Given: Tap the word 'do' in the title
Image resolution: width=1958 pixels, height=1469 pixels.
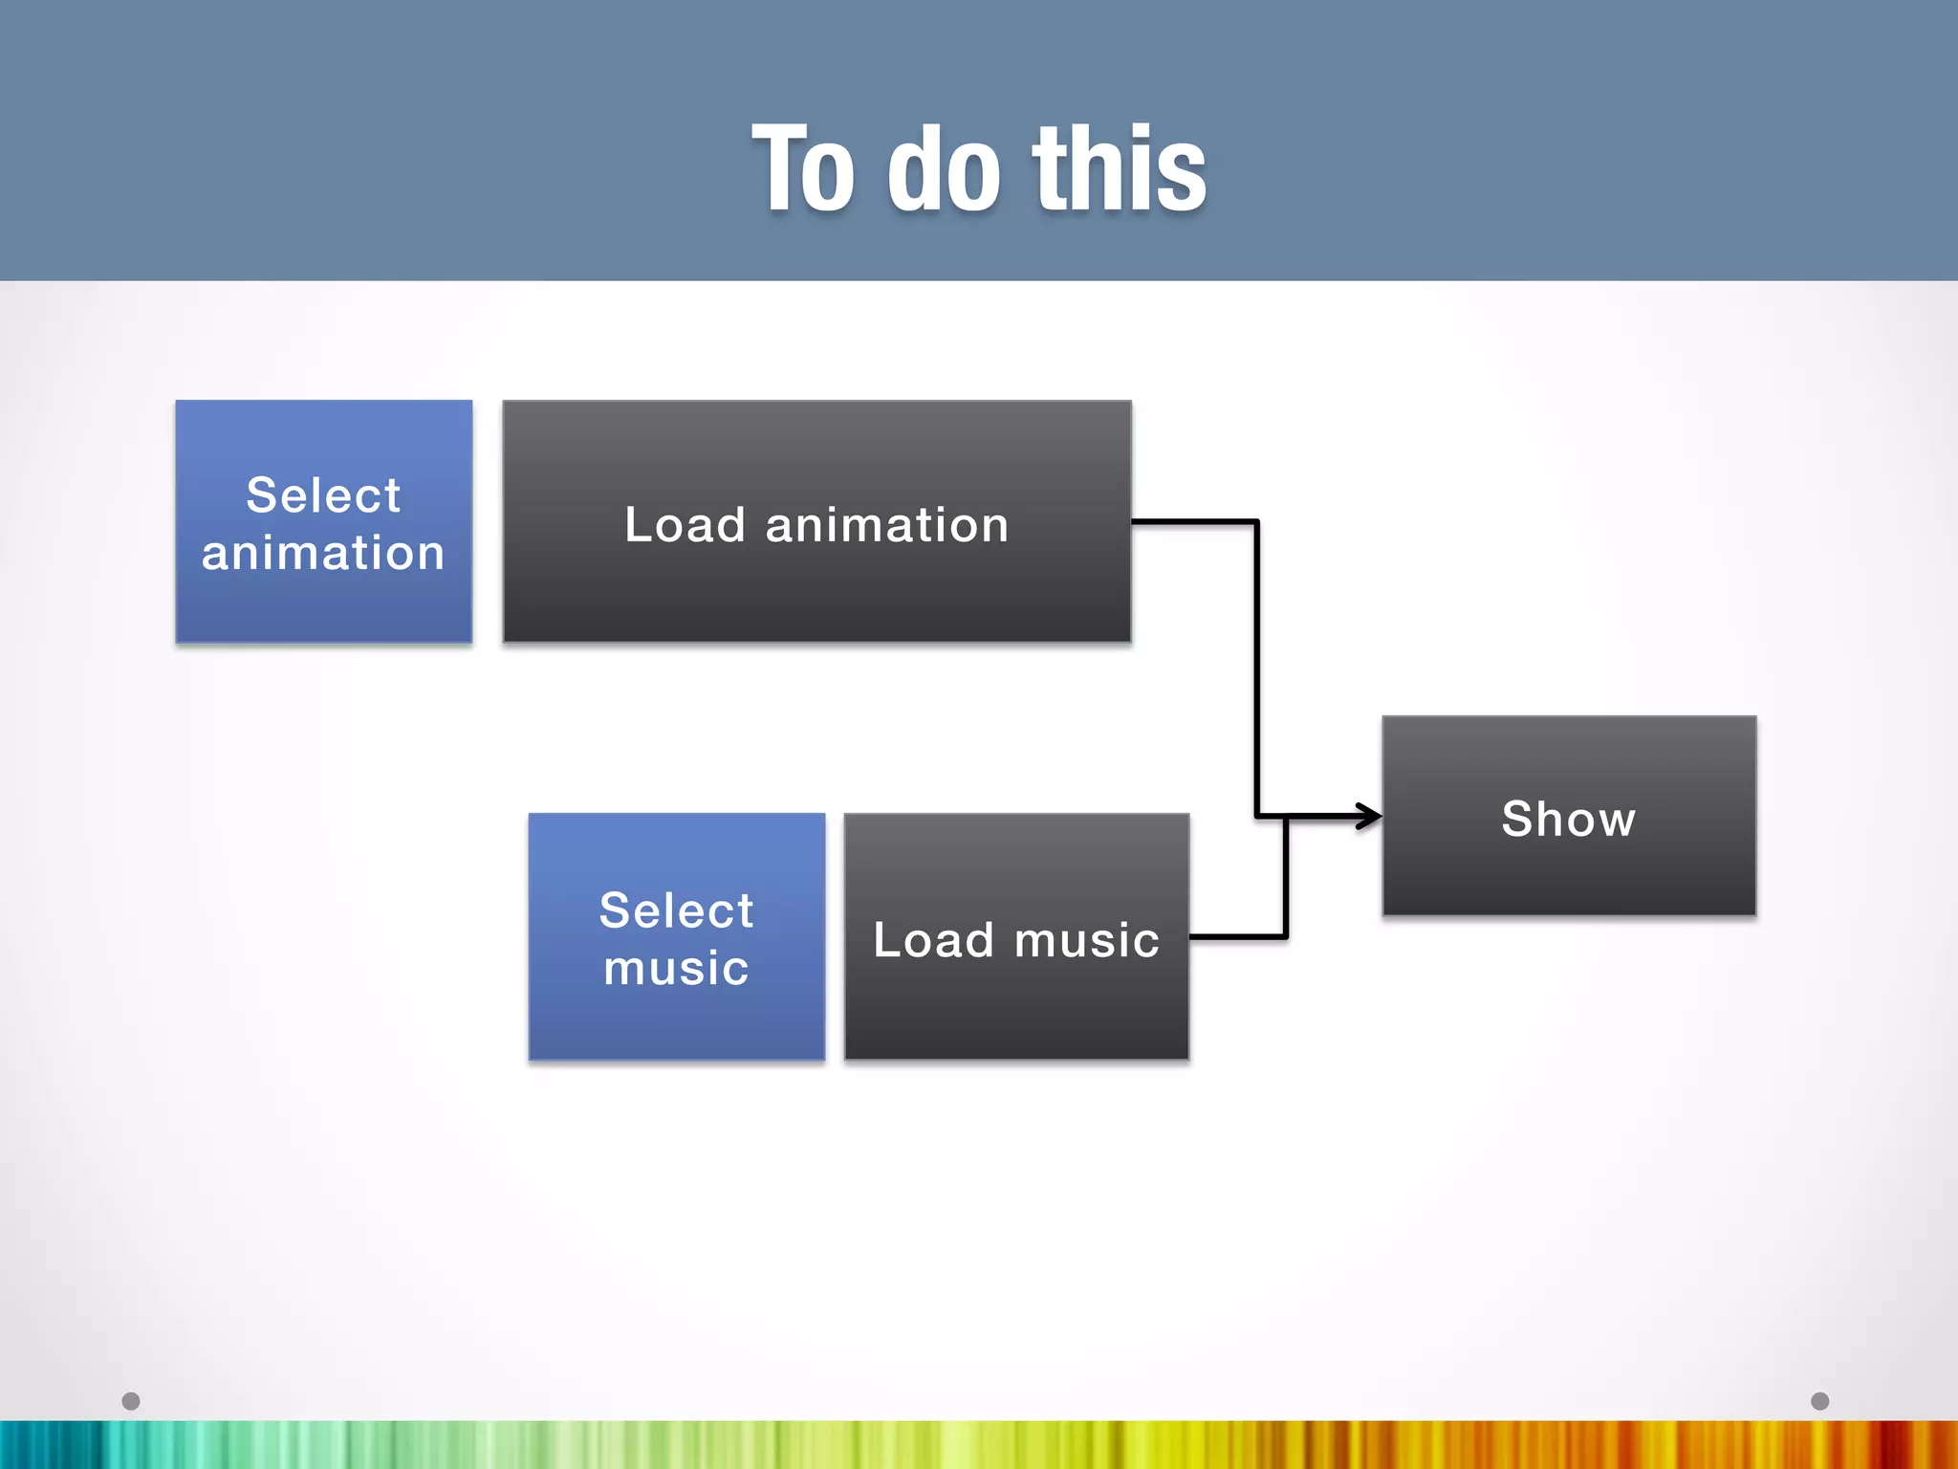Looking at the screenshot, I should pyautogui.click(x=945, y=170).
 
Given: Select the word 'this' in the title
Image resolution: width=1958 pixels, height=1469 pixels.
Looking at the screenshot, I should pyautogui.click(x=1119, y=170).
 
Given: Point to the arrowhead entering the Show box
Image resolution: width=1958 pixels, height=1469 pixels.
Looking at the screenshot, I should pyautogui.click(x=1369, y=816).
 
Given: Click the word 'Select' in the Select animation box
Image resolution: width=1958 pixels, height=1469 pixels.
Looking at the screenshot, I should pyautogui.click(x=323, y=495).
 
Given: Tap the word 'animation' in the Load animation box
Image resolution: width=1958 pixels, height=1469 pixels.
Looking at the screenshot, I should pyautogui.click(x=886, y=525).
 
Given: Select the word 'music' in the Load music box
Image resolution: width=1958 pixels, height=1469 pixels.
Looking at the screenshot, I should pyautogui.click(x=1087, y=940).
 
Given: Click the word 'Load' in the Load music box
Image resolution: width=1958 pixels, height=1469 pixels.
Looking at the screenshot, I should pyautogui.click(x=933, y=940).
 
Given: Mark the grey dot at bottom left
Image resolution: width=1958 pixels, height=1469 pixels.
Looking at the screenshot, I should pyautogui.click(x=131, y=1401).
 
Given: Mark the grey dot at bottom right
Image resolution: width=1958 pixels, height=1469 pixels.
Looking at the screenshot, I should pyautogui.click(x=1819, y=1401).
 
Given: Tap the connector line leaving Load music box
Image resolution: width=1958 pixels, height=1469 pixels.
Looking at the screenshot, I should pyautogui.click(x=1238, y=936).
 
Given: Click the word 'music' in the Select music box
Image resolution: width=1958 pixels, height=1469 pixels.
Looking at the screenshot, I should pyautogui.click(x=676, y=968).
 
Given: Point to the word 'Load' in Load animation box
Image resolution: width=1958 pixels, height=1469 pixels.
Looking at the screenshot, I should pyautogui.click(x=685, y=525).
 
